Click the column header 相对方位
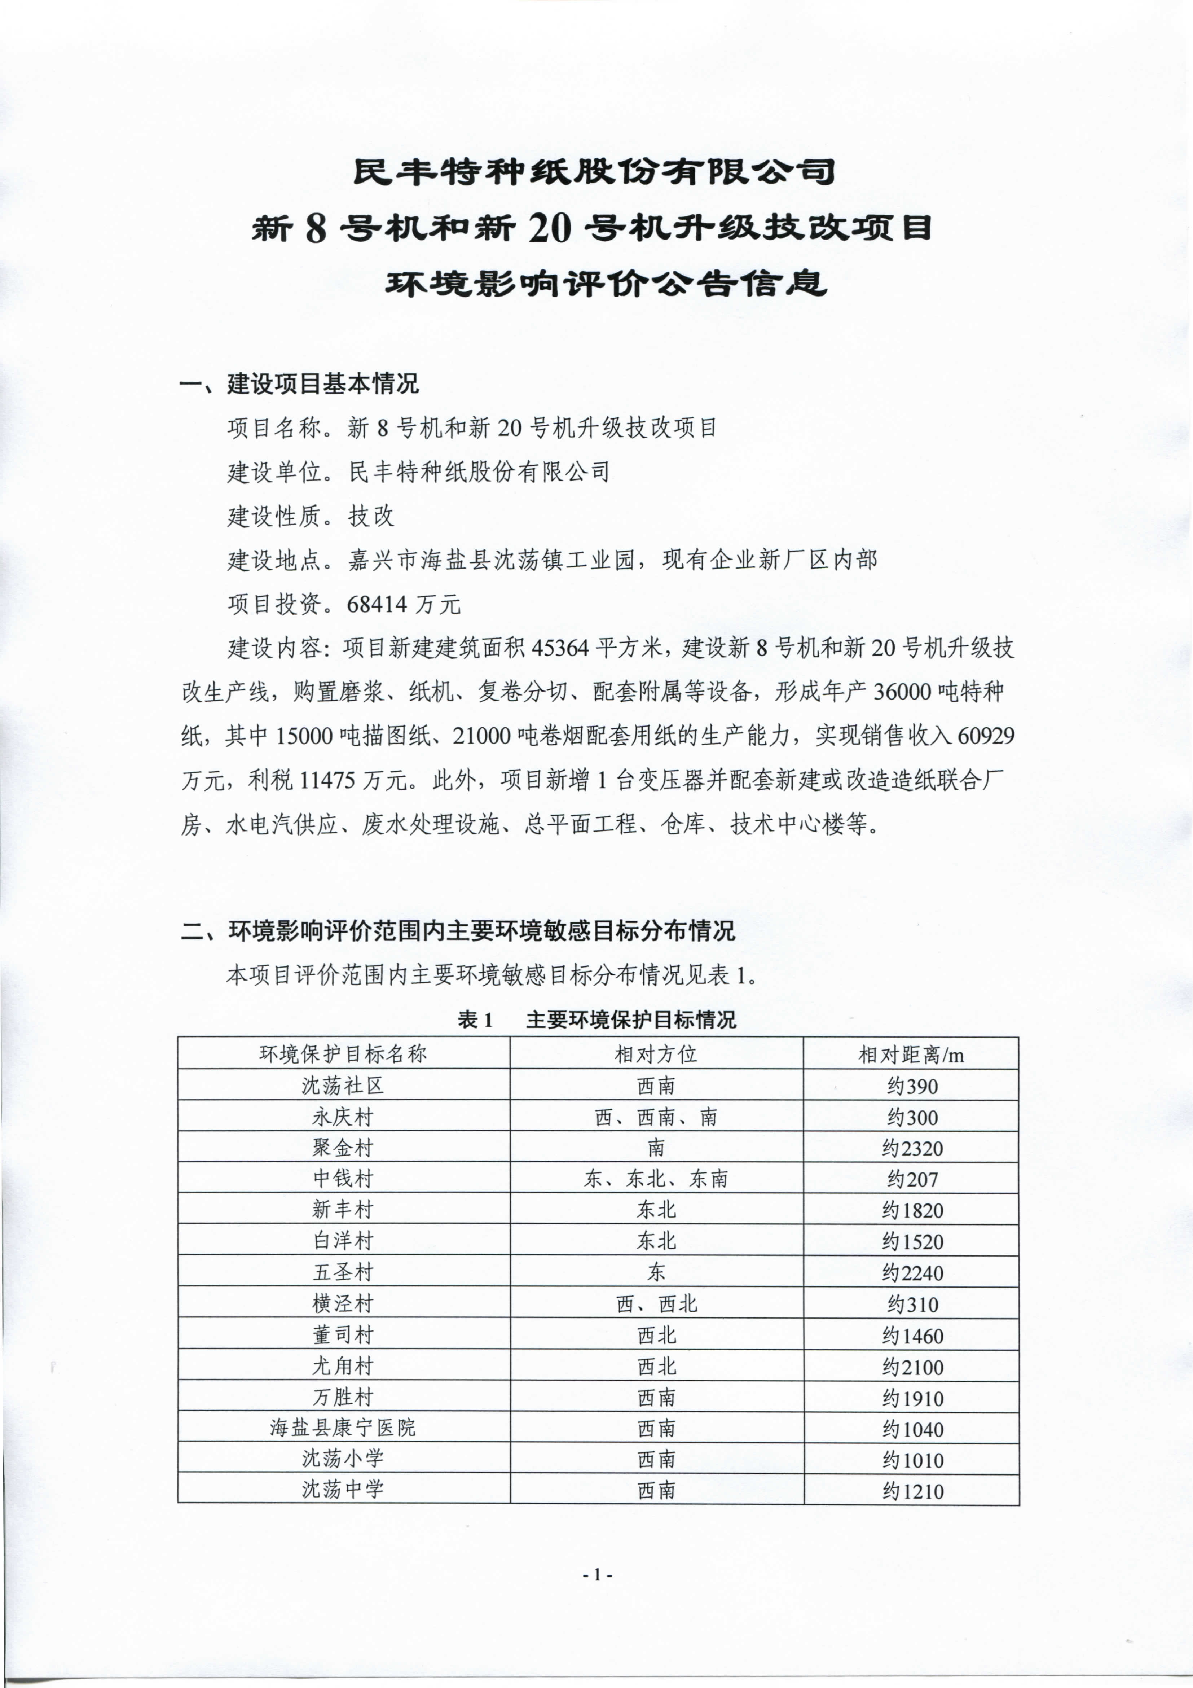(656, 1054)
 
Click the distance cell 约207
(912, 1179)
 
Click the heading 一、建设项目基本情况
(299, 383)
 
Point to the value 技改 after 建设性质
(371, 516)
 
